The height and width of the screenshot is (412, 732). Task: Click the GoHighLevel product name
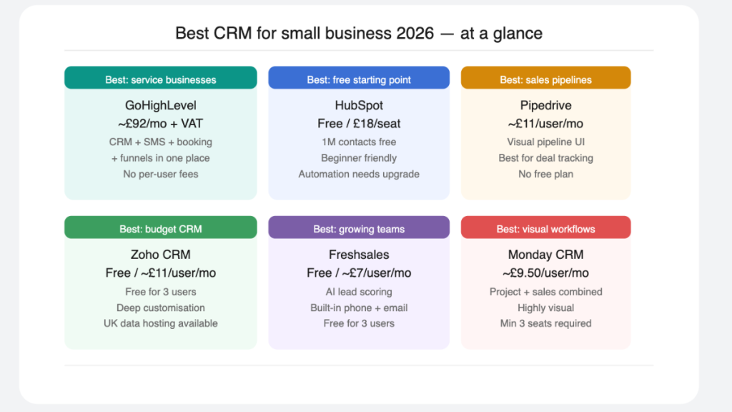point(160,106)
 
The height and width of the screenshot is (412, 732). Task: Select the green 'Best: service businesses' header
point(160,79)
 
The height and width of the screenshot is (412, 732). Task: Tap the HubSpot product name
point(359,106)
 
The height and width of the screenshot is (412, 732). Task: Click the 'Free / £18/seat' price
point(359,124)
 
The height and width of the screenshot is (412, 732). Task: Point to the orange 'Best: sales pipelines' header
point(545,79)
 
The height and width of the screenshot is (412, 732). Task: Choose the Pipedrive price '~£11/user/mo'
point(545,124)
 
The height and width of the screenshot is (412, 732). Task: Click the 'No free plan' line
point(545,174)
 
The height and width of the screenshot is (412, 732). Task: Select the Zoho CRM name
point(160,255)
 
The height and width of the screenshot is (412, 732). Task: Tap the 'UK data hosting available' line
point(160,323)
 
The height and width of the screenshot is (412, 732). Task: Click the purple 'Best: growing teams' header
point(359,229)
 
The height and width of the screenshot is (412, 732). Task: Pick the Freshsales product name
point(359,255)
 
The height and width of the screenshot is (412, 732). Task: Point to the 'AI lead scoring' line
point(359,292)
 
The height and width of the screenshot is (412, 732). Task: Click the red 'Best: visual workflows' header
point(545,229)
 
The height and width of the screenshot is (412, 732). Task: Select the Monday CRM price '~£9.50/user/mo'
point(545,273)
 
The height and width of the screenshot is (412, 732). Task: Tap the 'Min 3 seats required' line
point(545,323)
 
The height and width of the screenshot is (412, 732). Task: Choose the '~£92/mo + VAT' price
point(160,124)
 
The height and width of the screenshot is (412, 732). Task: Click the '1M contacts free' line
point(359,142)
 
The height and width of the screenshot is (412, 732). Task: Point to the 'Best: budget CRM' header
point(160,229)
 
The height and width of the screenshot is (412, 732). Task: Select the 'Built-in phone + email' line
point(359,308)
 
